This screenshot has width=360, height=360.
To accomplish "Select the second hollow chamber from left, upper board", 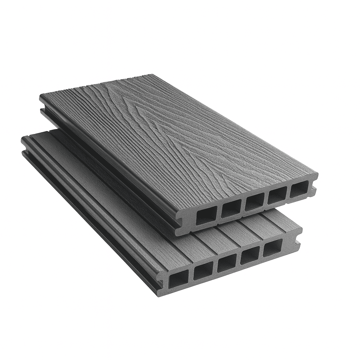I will [x=231, y=208].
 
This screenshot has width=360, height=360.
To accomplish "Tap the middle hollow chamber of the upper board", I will [x=255, y=202].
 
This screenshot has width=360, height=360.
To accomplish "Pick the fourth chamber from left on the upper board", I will [x=277, y=195].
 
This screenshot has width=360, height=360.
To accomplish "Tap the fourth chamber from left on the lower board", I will [x=250, y=256].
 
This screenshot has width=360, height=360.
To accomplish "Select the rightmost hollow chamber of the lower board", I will [x=272, y=248].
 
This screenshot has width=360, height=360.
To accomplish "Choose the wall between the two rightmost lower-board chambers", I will [x=262, y=252].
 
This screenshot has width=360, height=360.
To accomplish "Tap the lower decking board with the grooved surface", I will [x=105, y=197].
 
